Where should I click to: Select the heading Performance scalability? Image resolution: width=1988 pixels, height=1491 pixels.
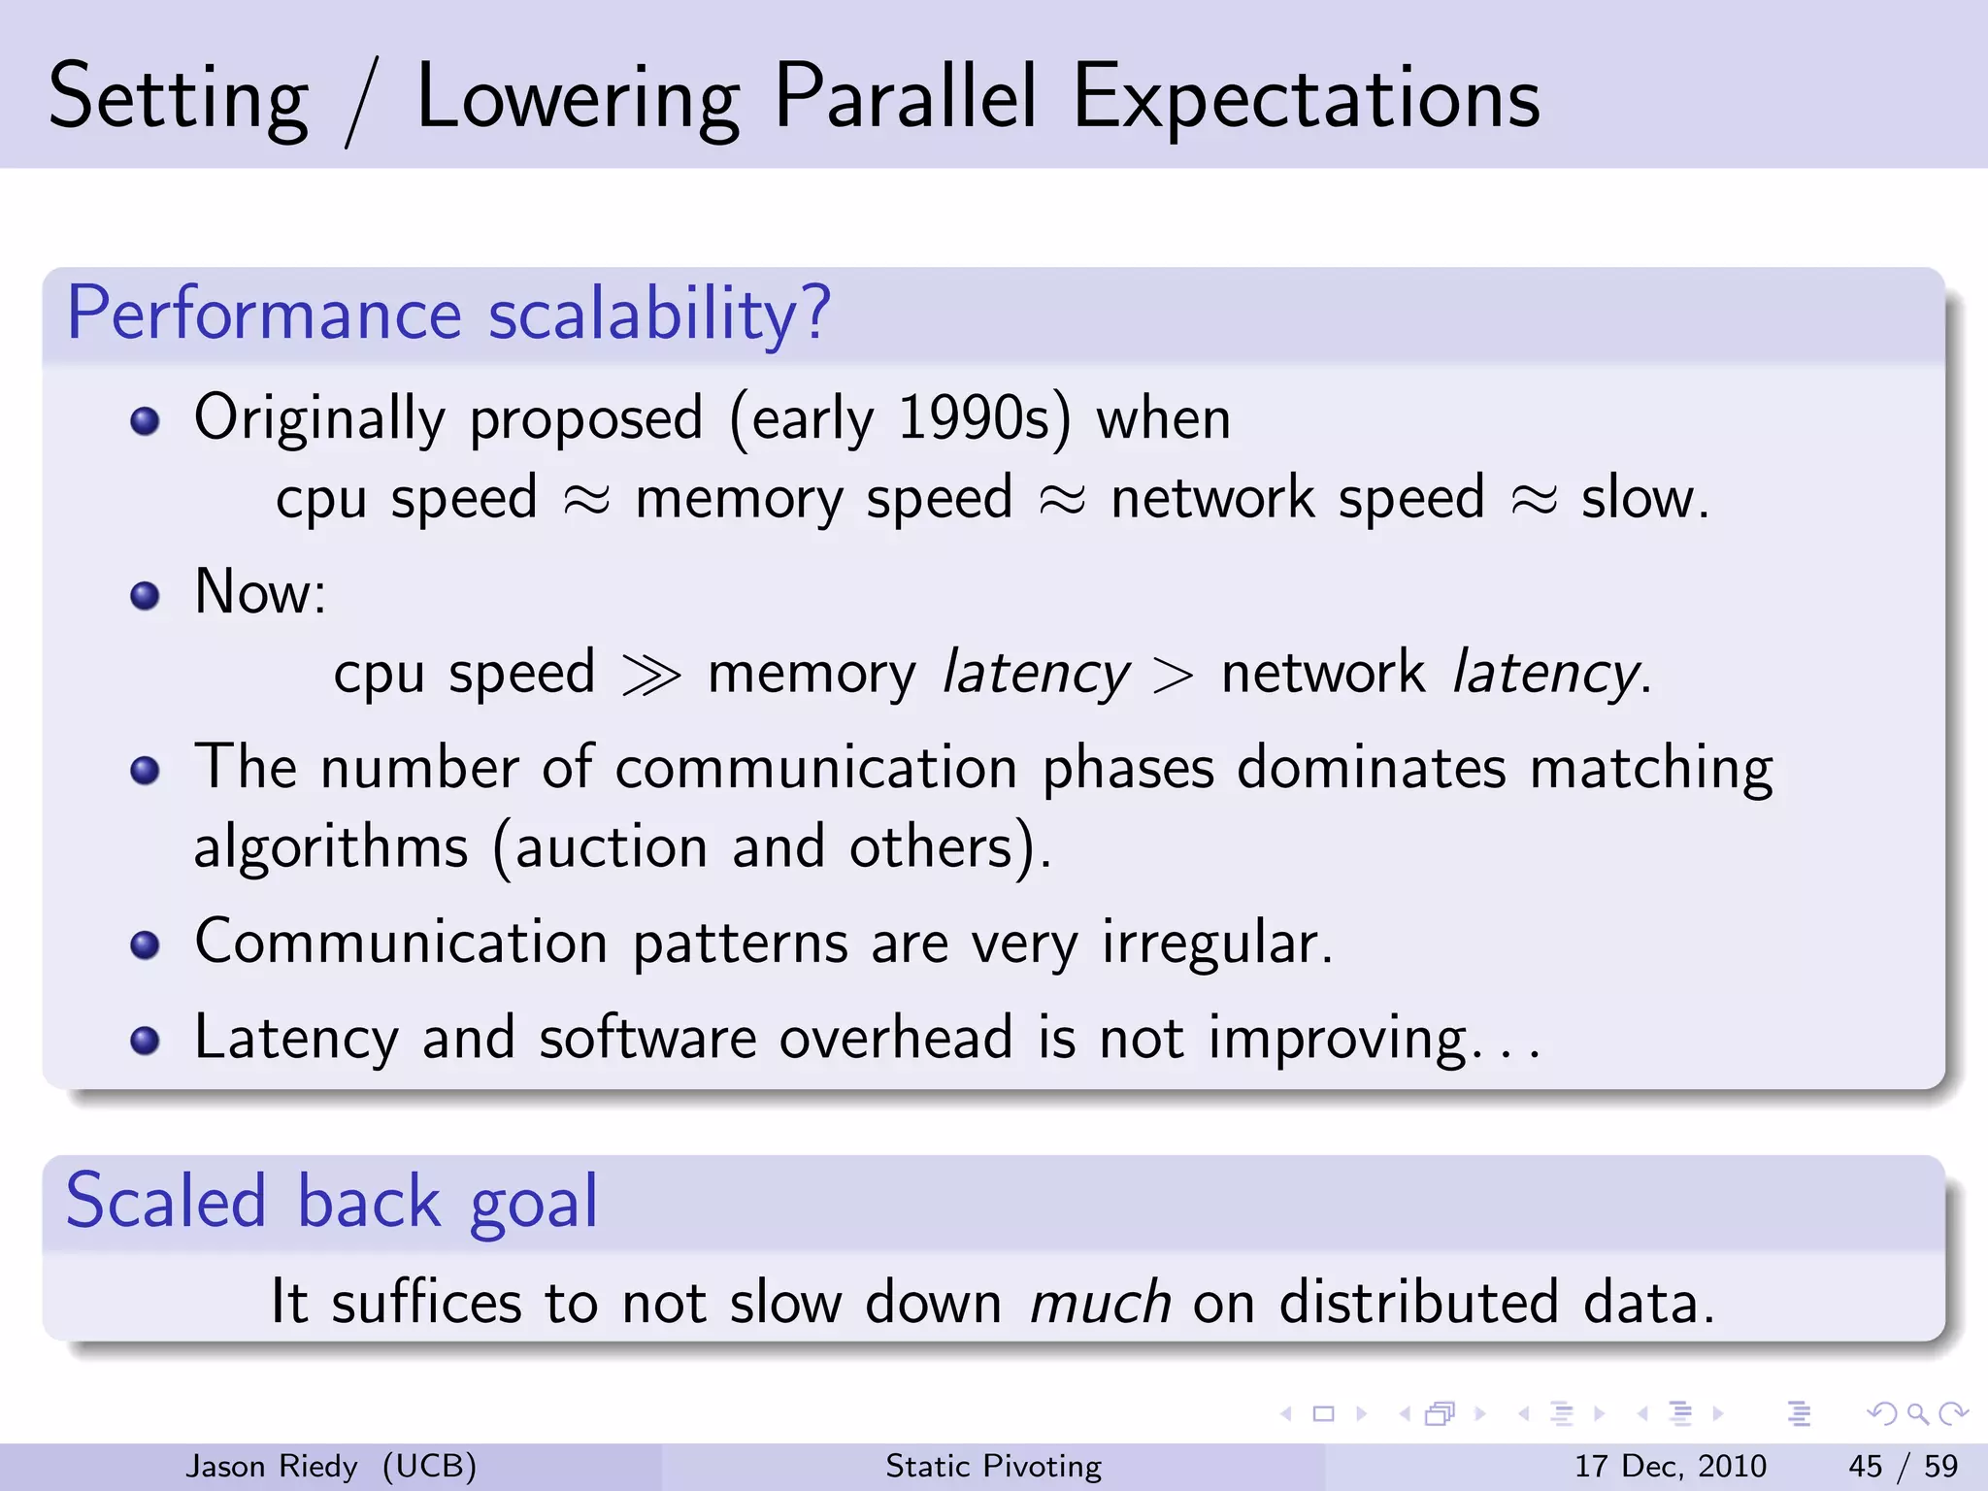448,314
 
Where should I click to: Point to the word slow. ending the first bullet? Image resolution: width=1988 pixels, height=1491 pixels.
1644,499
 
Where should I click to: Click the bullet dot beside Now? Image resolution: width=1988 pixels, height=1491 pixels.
145,595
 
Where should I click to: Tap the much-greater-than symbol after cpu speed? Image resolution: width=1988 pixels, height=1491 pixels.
650,675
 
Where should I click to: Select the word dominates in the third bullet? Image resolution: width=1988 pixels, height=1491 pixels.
1372,768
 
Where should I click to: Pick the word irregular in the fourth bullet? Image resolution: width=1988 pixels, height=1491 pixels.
1216,943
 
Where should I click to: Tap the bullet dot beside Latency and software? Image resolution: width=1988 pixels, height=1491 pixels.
145,1041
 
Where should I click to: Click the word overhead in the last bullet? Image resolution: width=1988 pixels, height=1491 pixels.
896,1038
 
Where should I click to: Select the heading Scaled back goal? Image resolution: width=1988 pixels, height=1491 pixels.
331,1203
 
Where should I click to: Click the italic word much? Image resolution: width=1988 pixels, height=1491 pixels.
1099,1303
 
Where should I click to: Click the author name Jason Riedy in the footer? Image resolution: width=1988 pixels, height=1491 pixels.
272,1466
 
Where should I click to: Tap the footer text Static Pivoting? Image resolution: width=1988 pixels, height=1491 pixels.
993,1466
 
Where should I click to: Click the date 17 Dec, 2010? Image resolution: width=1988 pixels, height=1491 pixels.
1670,1466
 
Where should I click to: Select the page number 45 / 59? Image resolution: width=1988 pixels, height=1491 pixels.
1903,1466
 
